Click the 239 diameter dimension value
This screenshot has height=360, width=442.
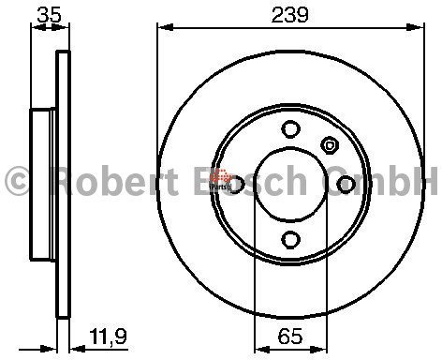pos(289,15)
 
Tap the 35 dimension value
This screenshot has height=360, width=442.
pos(49,15)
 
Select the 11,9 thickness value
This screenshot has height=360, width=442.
pos(108,336)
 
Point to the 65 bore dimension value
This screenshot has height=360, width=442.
pos(290,337)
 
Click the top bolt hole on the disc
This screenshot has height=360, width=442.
pos(290,128)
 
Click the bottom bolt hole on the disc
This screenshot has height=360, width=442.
pos(290,240)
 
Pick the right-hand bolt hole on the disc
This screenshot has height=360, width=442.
pos(346,184)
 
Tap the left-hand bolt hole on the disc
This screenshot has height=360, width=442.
pos(236,184)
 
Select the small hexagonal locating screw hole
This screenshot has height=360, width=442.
pos(330,145)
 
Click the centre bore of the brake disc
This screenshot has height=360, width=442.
pos(290,185)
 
